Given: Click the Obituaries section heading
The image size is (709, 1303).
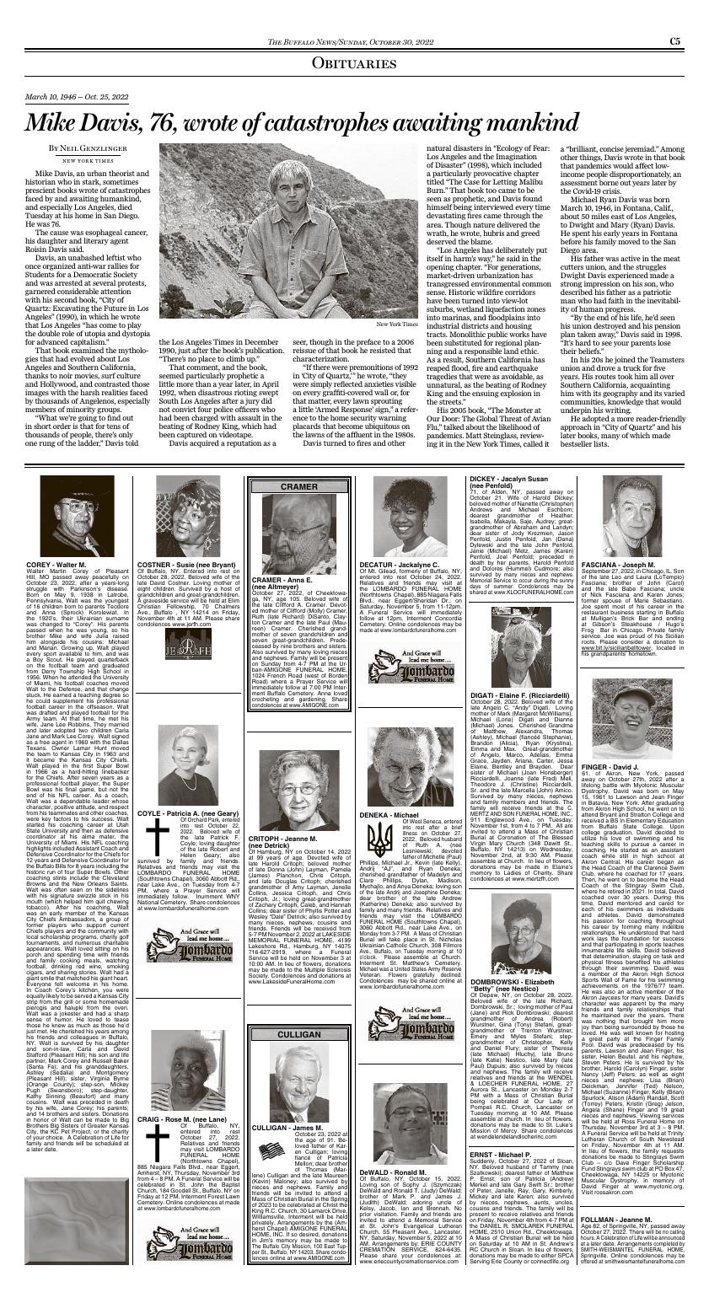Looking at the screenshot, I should [354, 63].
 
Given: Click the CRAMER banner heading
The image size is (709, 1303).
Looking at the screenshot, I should [298, 487].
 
